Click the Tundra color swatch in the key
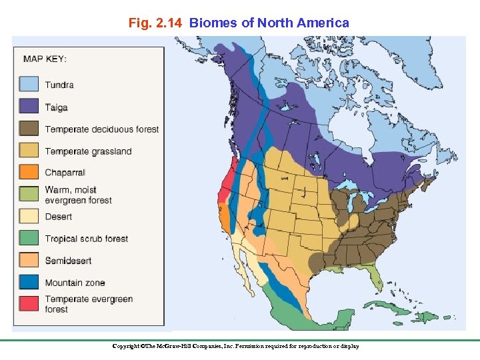point(28,84)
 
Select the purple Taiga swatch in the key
point(28,106)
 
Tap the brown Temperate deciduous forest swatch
point(28,128)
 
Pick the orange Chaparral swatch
point(28,172)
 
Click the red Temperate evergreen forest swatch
point(28,303)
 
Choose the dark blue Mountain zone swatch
point(28,282)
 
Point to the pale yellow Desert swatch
point(28,216)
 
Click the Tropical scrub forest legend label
point(86,239)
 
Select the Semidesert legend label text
point(68,261)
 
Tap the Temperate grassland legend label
point(88,151)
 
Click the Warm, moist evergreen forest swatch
point(28,194)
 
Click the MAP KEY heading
point(45,59)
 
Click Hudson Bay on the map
point(353,133)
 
